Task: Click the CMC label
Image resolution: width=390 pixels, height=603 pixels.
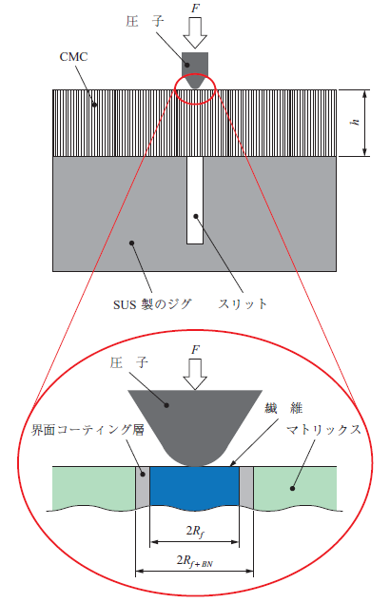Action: [73, 57]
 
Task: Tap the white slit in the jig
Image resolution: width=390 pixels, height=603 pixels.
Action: [195, 200]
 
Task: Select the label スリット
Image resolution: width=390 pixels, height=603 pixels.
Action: [243, 303]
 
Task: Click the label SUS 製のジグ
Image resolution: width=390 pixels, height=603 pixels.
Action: [152, 304]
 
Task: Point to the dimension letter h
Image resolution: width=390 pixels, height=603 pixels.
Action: [356, 122]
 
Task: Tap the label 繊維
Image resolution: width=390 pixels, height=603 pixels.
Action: [283, 408]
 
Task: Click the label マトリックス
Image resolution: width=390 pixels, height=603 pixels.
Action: [323, 430]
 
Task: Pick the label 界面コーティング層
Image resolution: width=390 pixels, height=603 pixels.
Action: [88, 430]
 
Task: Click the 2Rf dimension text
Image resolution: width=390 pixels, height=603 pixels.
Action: [195, 532]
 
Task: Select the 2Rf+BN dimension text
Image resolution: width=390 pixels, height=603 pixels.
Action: [195, 561]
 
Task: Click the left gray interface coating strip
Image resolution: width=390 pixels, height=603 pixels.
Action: [143, 487]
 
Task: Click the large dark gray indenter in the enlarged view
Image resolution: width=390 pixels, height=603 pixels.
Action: [195, 423]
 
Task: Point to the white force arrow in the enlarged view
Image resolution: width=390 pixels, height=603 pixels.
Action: [195, 374]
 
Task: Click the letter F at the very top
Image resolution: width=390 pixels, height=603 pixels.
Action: [195, 8]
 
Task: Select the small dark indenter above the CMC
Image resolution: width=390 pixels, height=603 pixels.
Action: [195, 70]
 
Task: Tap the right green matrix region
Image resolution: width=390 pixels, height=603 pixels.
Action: [296, 488]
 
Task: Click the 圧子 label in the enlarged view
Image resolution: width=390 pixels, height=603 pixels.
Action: [128, 362]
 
